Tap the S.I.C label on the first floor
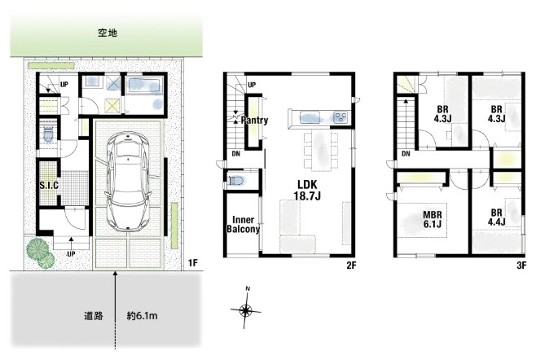tap(49, 186)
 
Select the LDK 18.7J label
tap(307, 190)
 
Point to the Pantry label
tap(254, 120)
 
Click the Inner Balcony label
tap(243, 224)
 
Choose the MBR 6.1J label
tap(433, 219)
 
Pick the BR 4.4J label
tap(497, 217)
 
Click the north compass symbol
tap(246, 308)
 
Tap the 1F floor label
tap(193, 262)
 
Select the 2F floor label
tap(351, 265)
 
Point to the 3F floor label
tap(521, 265)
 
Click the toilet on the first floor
tap(49, 134)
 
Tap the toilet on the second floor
tap(236, 180)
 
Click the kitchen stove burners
tap(340, 117)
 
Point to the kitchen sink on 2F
tap(310, 117)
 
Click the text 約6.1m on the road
tap(143, 315)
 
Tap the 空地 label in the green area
tap(108, 33)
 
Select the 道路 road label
tap(94, 315)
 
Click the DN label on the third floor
tap(406, 154)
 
